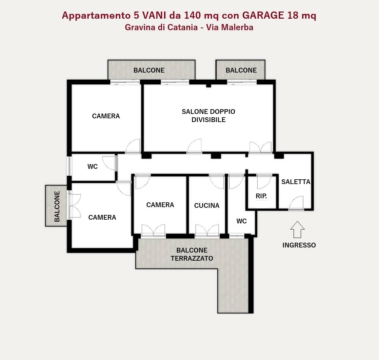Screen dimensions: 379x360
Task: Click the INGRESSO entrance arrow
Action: (x=297, y=229)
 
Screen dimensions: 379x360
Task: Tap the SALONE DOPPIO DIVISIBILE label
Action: (x=208, y=116)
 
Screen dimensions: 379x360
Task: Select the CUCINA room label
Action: (x=207, y=205)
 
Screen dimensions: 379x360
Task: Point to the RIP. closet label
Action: (x=261, y=196)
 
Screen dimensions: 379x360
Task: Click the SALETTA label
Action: (x=296, y=182)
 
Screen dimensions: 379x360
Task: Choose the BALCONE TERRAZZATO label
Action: (x=192, y=254)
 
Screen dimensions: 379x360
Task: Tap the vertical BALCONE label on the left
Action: (x=57, y=206)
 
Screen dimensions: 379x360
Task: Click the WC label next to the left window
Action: (x=93, y=166)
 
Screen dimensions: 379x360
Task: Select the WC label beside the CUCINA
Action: (x=241, y=221)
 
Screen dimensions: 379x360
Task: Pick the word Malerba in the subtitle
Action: (x=237, y=27)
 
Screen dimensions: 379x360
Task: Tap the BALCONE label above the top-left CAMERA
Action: (x=149, y=71)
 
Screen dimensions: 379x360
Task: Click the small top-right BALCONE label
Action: (x=241, y=71)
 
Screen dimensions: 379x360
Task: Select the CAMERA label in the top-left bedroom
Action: (x=106, y=116)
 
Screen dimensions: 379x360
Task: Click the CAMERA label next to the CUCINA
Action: (x=160, y=205)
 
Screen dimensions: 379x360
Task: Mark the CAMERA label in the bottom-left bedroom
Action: (x=102, y=218)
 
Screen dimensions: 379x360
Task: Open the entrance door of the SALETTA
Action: (x=296, y=203)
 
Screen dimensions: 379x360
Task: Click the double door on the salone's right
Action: (x=260, y=147)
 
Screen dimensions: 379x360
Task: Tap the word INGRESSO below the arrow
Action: (x=299, y=245)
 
